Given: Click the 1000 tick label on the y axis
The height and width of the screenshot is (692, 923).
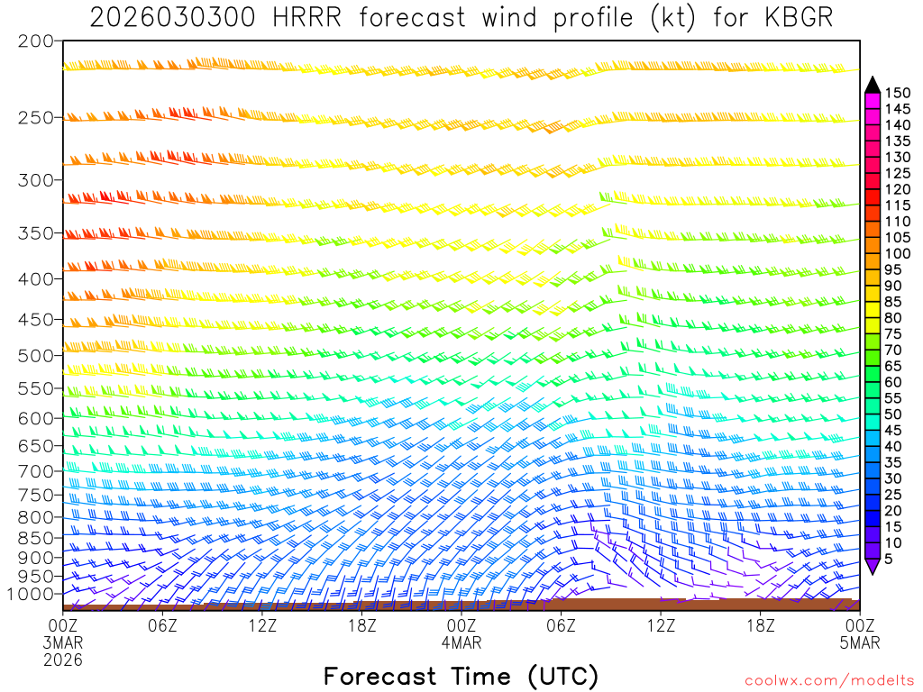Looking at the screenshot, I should coord(31,594).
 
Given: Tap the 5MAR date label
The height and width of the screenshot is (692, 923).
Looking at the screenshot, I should coord(860,642).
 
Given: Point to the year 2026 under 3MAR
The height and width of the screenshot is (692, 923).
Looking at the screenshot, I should coord(63,660).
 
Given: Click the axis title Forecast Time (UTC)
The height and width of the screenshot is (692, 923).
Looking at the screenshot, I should coord(461,676).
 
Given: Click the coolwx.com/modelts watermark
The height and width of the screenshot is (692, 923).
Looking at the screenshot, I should coord(828,678).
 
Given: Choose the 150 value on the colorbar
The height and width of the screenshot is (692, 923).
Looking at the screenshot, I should coord(897,92).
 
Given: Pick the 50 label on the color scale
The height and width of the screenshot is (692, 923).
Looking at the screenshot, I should coord(893,414).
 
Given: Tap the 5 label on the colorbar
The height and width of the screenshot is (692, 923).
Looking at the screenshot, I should coord(890,559).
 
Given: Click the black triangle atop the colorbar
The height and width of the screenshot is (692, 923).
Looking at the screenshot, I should coord(872,84).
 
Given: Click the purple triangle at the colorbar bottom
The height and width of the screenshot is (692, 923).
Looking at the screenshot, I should coord(872,566).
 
